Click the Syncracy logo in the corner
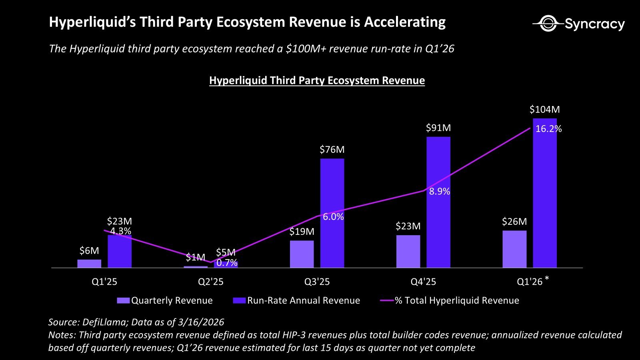click(x=578, y=24)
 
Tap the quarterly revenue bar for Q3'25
click(x=302, y=254)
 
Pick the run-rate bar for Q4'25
click(x=438, y=202)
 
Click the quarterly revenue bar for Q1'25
click(x=89, y=264)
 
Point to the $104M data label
click(x=544, y=110)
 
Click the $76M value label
click(x=332, y=150)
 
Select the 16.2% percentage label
click(x=548, y=129)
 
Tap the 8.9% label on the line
click(x=440, y=192)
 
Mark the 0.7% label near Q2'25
click(x=227, y=263)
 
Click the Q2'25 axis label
click(x=210, y=282)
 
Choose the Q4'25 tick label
click(x=423, y=282)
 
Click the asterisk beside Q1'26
click(x=547, y=279)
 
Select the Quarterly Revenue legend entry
click(x=165, y=300)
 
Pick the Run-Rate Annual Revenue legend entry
click(x=296, y=300)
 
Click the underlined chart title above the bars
click(x=317, y=80)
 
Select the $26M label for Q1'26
click(x=514, y=222)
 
